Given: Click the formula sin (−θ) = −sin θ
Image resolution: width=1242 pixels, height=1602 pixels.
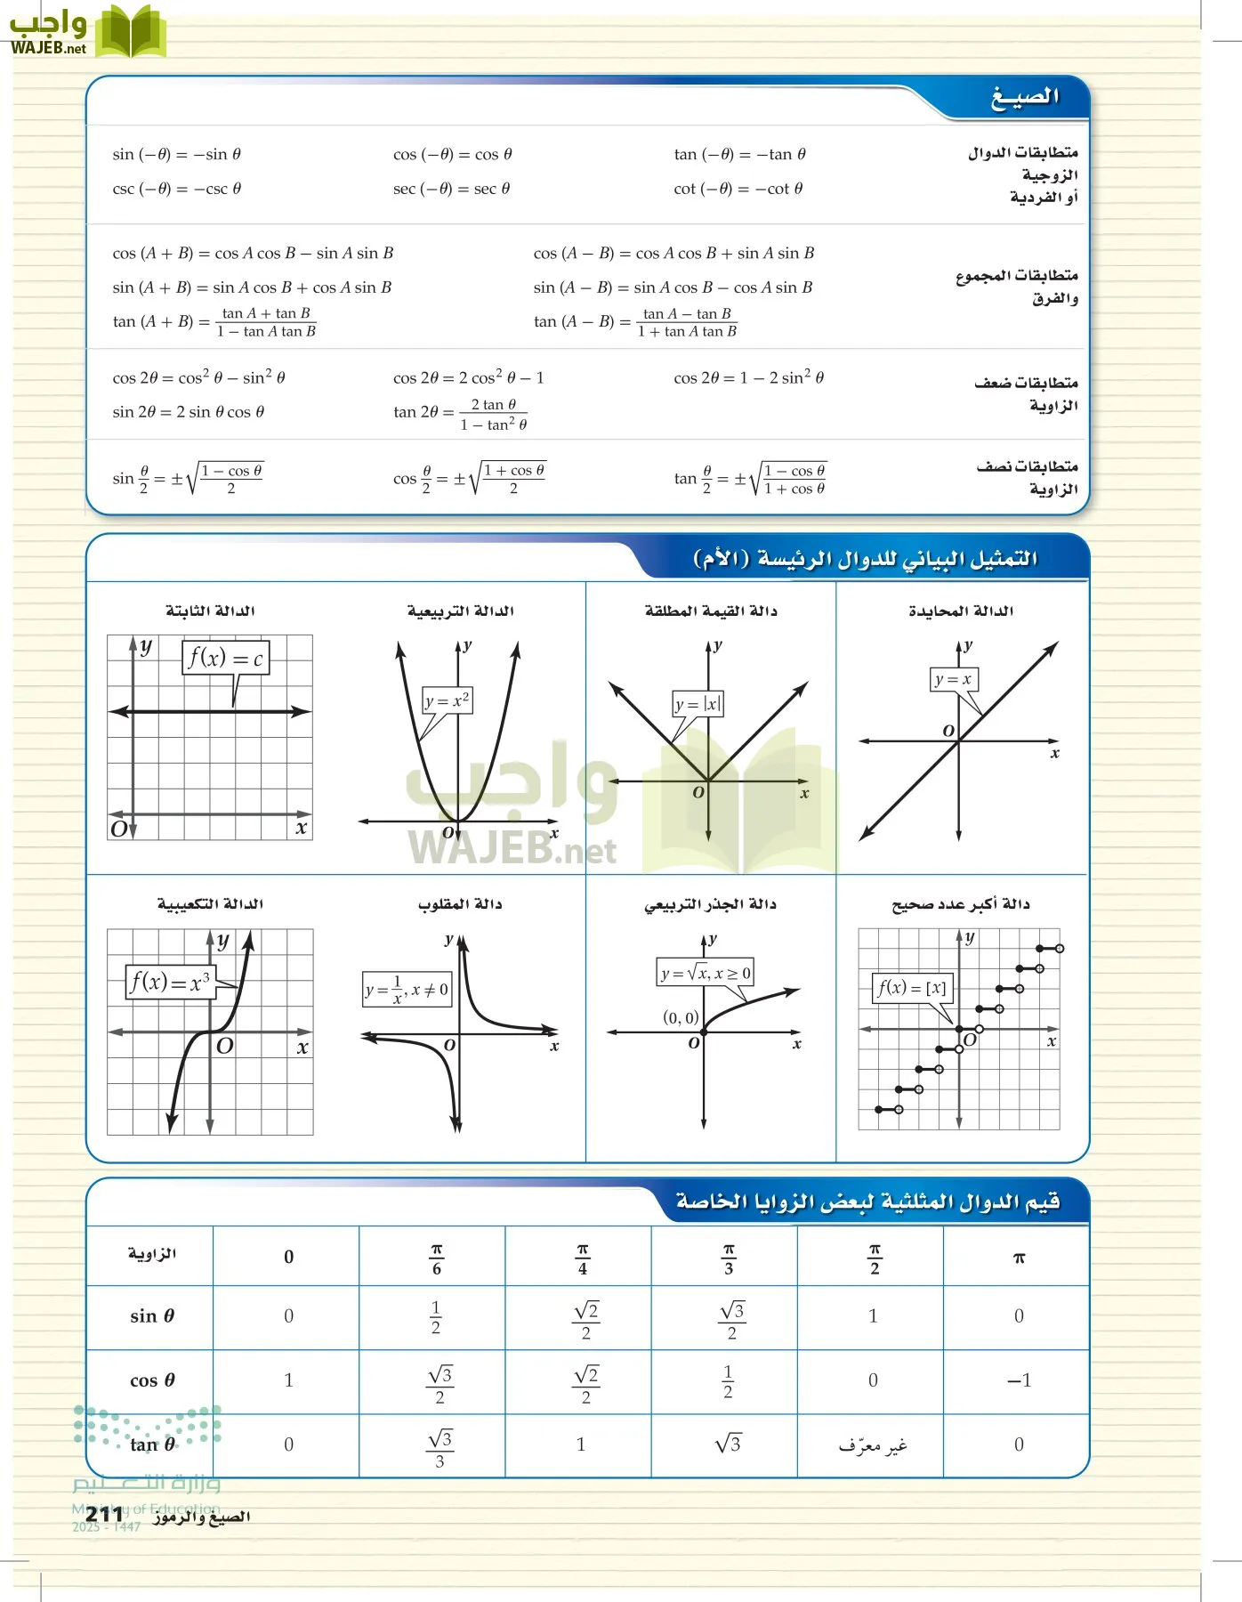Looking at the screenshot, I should click(176, 154).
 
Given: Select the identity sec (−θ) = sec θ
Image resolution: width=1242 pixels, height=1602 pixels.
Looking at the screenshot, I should click(451, 189).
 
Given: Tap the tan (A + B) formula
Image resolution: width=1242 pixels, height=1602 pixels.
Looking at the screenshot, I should click(214, 322).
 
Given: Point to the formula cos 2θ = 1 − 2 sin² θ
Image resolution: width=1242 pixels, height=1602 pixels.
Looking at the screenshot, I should click(748, 377).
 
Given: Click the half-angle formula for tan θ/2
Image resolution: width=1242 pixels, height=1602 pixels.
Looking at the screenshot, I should click(750, 479).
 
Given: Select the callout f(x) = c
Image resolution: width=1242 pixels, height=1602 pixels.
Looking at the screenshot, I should click(225, 659).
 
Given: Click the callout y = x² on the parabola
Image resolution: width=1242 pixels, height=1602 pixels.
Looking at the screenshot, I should click(447, 700).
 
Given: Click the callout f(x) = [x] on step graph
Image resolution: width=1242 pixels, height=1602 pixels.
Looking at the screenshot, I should click(912, 987).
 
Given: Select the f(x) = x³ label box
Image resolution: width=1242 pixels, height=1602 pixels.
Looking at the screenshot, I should click(170, 983).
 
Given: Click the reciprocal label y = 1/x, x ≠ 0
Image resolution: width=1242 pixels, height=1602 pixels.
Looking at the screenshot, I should click(407, 989).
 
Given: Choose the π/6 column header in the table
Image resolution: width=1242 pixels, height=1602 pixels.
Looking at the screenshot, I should click(436, 1258).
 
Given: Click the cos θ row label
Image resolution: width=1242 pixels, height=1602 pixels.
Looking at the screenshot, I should click(152, 1381).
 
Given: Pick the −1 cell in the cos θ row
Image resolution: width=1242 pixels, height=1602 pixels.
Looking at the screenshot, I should click(1019, 1381).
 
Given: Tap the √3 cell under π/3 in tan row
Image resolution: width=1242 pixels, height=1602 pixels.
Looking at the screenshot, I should click(728, 1444).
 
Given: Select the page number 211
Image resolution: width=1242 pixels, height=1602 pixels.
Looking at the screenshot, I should click(104, 1515).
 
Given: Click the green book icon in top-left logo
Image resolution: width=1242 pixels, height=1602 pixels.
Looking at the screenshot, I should click(131, 31).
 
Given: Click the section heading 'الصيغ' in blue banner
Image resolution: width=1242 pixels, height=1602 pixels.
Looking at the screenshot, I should click(1025, 97).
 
